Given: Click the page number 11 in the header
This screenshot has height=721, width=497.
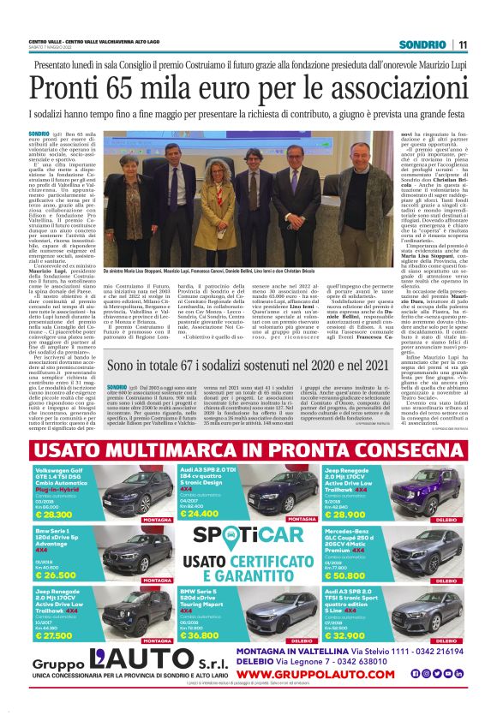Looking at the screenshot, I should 462,45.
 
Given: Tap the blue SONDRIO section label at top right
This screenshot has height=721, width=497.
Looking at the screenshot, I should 426,45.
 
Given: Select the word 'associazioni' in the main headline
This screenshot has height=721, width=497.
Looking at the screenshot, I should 388,89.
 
